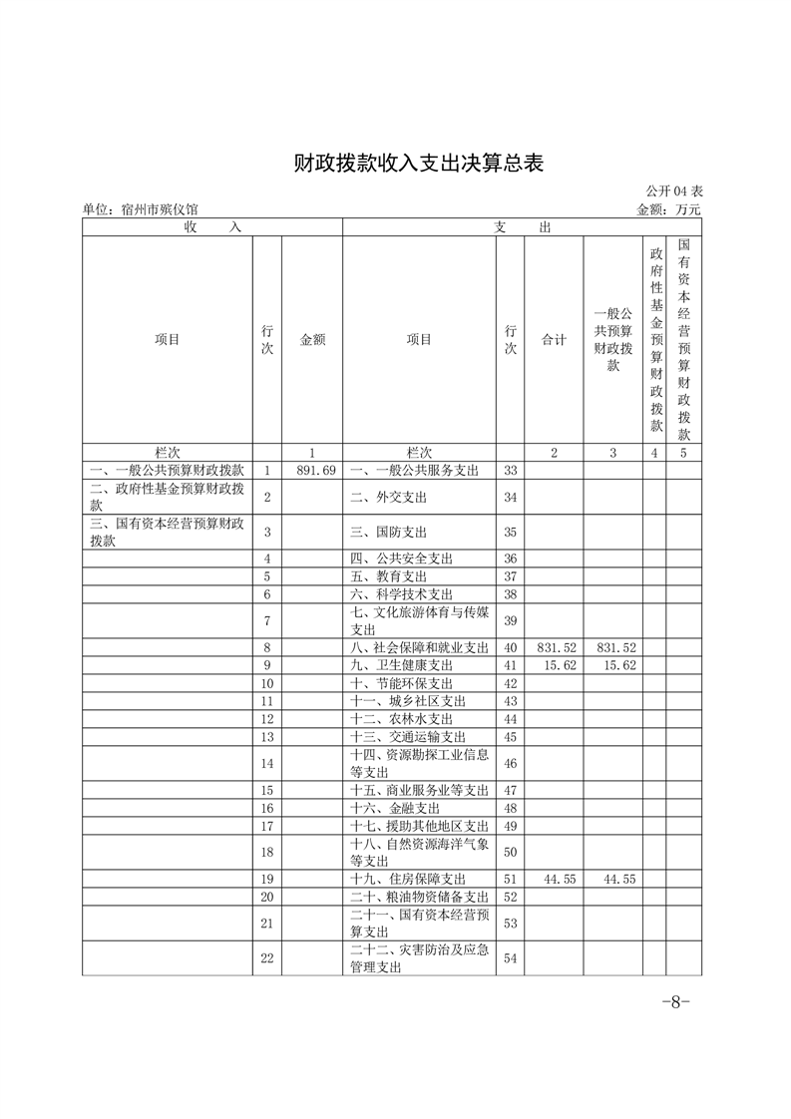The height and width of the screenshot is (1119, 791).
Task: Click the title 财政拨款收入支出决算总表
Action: click(418, 164)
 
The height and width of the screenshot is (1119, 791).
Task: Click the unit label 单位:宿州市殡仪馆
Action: click(141, 209)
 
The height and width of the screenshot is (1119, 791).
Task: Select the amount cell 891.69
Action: click(311, 470)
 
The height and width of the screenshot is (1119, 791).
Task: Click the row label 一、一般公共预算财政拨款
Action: click(166, 470)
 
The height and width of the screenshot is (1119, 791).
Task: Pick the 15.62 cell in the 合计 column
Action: click(554, 665)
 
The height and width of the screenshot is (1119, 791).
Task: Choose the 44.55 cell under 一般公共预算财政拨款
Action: click(612, 880)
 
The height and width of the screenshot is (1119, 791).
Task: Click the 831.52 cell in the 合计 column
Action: click(554, 648)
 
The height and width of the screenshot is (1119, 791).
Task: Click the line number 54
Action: click(510, 958)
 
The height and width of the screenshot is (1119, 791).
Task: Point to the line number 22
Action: click(266, 958)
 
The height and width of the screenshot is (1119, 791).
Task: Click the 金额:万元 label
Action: click(668, 209)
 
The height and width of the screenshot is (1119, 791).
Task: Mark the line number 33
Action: click(510, 470)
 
